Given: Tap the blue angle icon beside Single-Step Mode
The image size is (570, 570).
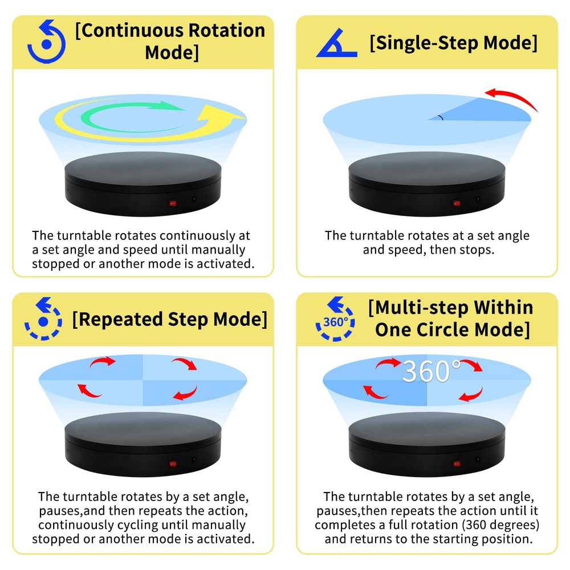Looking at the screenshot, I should (x=336, y=45).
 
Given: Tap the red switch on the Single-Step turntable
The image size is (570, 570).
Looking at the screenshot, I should (x=457, y=202).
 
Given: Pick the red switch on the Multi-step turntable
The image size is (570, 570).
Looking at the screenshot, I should (x=457, y=464).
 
